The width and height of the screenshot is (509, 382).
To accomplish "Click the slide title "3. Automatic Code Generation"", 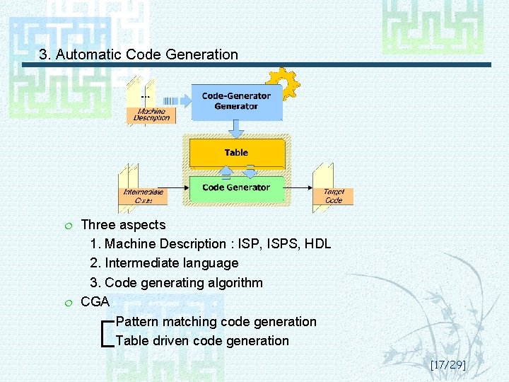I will click(x=139, y=54).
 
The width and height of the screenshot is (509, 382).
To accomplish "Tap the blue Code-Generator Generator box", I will click(x=236, y=102).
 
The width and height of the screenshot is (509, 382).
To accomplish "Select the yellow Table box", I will click(x=236, y=153).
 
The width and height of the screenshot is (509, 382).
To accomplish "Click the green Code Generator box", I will click(x=236, y=187).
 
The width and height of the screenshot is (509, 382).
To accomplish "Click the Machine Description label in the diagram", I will click(x=151, y=115).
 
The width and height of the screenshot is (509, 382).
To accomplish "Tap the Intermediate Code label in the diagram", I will click(x=144, y=196).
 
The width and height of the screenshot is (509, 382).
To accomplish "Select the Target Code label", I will click(x=333, y=196).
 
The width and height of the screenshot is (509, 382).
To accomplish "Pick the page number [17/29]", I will click(x=447, y=365).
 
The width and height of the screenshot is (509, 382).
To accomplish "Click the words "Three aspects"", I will click(x=123, y=225).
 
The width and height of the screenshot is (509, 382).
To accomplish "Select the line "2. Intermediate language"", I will click(x=164, y=263).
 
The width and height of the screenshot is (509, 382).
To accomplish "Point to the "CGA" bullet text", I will click(x=95, y=302).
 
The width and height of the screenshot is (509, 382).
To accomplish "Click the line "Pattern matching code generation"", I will click(x=216, y=322).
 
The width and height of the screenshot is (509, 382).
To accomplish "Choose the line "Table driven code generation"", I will click(x=202, y=341).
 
